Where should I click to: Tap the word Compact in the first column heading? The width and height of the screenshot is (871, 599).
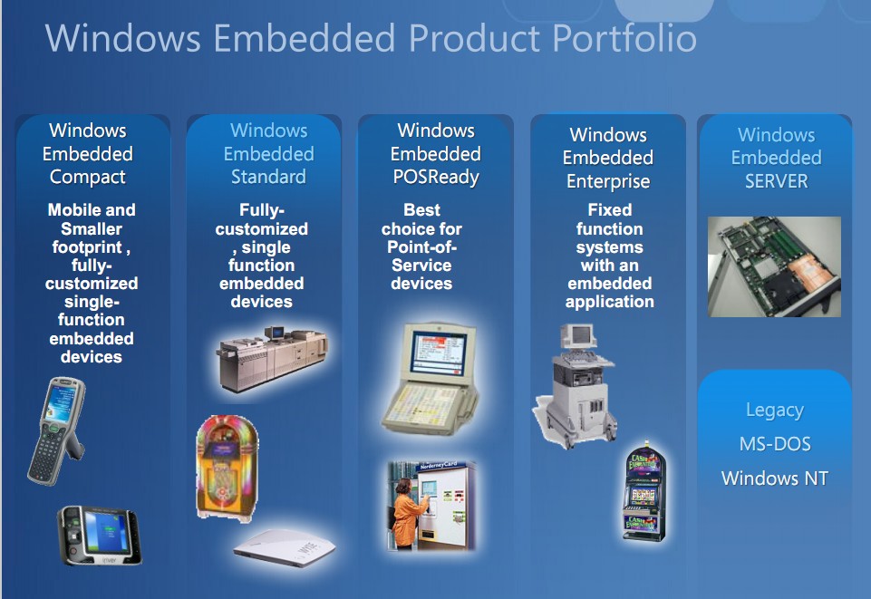[88, 177]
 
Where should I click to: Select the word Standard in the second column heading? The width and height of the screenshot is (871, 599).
[268, 177]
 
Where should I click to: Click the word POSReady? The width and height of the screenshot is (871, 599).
[436, 177]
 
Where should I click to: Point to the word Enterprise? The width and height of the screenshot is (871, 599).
[608, 181]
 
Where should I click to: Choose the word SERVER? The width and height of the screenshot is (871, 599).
[777, 181]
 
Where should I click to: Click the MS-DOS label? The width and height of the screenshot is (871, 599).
[775, 444]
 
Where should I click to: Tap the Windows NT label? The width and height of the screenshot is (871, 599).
[775, 478]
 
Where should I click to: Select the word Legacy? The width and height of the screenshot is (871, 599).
[775, 411]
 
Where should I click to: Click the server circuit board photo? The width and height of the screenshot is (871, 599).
[774, 266]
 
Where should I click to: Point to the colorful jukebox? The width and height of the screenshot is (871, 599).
[227, 468]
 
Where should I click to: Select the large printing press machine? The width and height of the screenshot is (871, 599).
[272, 359]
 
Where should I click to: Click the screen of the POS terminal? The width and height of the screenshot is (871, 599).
[437, 353]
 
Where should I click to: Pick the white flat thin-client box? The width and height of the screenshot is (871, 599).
[285, 547]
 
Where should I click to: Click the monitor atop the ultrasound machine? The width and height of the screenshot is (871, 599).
[578, 336]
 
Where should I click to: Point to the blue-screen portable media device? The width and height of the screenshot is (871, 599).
[100, 536]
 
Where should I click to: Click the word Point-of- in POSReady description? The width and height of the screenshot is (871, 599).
[421, 247]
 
